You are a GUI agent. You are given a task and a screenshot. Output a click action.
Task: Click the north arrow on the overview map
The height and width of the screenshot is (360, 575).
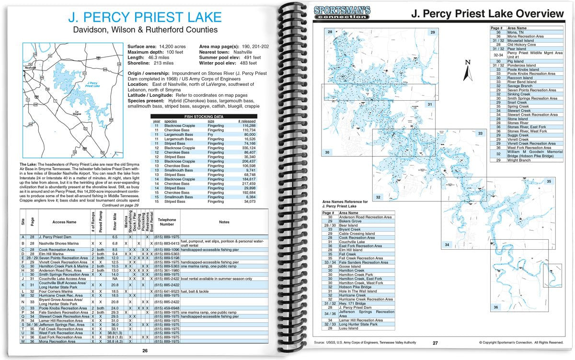[x=468, y=70]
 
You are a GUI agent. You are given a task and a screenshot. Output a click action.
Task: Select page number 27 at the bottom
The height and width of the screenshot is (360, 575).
[x=435, y=343]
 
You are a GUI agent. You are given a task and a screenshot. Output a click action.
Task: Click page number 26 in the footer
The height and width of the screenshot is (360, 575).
[x=145, y=350]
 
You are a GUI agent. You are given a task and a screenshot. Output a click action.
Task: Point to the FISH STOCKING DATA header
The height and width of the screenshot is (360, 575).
[x=204, y=116]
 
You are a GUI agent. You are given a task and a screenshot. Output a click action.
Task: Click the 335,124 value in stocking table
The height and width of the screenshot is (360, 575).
[x=247, y=149]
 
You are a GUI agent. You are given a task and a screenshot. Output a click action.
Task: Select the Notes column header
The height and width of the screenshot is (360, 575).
[x=224, y=222]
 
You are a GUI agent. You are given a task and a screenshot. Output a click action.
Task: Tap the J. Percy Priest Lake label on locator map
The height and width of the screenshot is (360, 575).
[x=91, y=85]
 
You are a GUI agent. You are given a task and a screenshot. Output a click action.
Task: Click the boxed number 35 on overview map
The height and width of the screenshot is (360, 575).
[x=549, y=181]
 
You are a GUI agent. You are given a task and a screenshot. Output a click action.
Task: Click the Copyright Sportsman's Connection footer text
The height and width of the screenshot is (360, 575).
[x=521, y=343]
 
